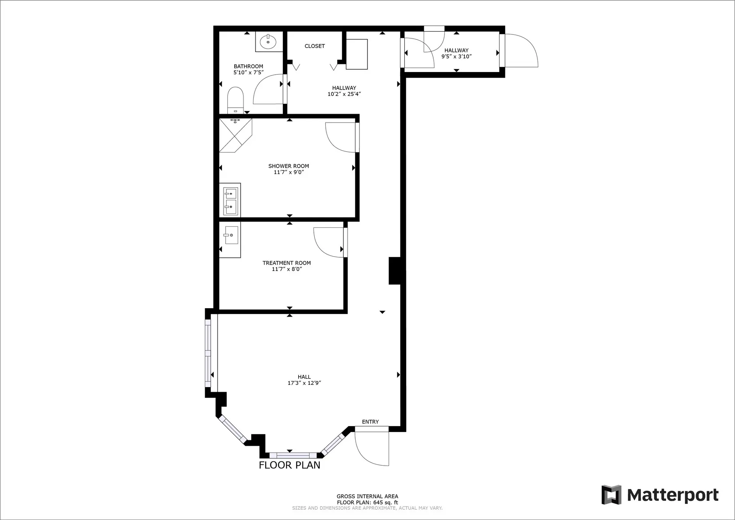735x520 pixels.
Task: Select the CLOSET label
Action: (315, 46)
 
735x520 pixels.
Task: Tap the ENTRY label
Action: (370, 422)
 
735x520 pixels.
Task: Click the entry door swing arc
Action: (369, 450)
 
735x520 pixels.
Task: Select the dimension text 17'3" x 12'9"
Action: (304, 383)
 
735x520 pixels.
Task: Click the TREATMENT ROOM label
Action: (287, 263)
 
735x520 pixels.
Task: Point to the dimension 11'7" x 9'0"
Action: (289, 172)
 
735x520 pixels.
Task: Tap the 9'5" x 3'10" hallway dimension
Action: (456, 57)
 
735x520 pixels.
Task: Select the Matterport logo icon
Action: (611, 495)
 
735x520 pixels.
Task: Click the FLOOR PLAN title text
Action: (289, 465)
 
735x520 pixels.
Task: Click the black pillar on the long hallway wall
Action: (395, 271)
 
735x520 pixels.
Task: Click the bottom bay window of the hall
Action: (293, 455)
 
